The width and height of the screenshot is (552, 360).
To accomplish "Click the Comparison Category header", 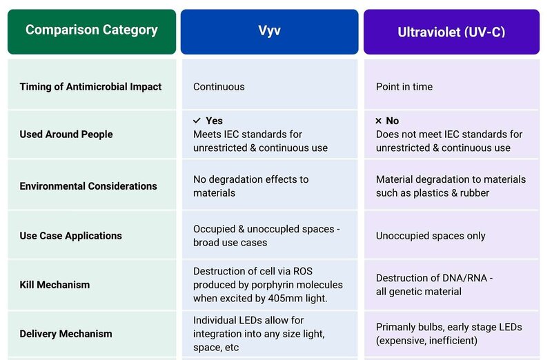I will tap(92, 30).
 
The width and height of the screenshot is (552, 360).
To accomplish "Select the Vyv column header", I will tap(269, 31).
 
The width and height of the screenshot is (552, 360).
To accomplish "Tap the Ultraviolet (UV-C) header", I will tap(452, 32).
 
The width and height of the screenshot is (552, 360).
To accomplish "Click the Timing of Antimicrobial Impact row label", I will tap(90, 87).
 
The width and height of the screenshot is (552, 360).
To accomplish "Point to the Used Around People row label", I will tap(66, 134).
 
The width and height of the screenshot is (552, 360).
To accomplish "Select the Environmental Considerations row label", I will tap(88, 186).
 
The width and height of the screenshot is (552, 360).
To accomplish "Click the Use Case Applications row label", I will tap(70, 236).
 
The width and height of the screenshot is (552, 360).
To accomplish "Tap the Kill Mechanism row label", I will tap(55, 285).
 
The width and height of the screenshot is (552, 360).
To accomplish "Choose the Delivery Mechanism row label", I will tap(66, 334).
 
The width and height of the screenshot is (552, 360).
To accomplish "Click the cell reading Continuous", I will tap(219, 87).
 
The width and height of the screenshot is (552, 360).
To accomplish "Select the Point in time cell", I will tap(404, 87).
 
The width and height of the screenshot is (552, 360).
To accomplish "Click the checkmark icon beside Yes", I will tap(197, 121).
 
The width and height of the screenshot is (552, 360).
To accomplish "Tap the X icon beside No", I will tap(379, 121).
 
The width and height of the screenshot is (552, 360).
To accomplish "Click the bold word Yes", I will tap(214, 121).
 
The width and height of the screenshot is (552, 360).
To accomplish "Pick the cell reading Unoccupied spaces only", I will tap(431, 236).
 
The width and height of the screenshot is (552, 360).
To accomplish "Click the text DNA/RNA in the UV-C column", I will tap(464, 278).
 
